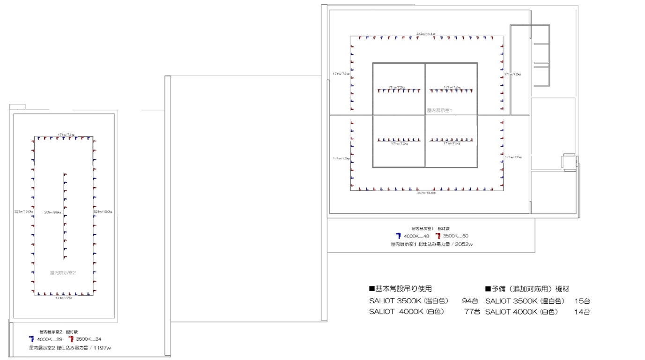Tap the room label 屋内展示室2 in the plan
(x=63, y=272)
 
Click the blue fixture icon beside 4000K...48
(x=398, y=236)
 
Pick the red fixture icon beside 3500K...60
(x=437, y=236)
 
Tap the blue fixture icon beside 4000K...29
(x=31, y=339)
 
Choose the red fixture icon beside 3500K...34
(x=71, y=339)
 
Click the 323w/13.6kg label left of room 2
(x=24, y=212)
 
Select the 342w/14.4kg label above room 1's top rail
(x=426, y=34)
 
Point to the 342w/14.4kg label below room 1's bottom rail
(x=426, y=193)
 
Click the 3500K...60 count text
(x=455, y=236)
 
